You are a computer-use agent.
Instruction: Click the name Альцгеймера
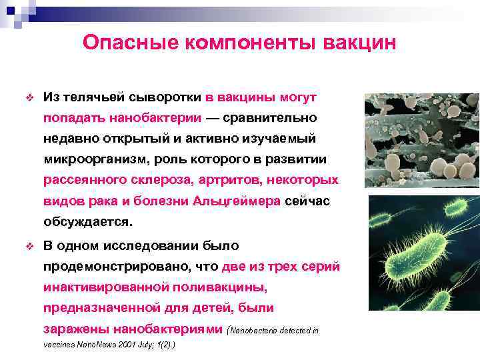pos(237,201)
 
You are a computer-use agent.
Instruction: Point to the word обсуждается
pos(88,222)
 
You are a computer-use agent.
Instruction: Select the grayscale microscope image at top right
pos(421,140)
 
